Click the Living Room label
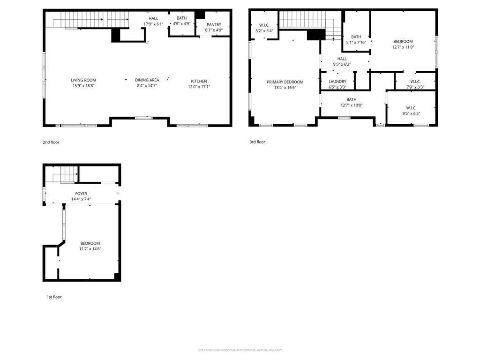pos(83,80)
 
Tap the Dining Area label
pos(147,80)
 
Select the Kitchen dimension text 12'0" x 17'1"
pos(199,87)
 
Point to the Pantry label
pos(214,24)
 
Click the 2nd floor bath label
pos(181,18)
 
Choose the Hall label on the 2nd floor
pos(153,18)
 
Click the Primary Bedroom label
pos(285,82)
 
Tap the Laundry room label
pos(337,82)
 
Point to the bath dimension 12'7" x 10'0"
pos(352,105)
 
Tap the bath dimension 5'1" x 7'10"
pos(356,43)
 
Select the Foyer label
pos(81,193)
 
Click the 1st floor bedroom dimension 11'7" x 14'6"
pos(90,249)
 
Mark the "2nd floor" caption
pos(51,142)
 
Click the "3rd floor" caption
pos(257,142)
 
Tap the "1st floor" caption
pos(53,297)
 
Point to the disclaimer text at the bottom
pos(240,350)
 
